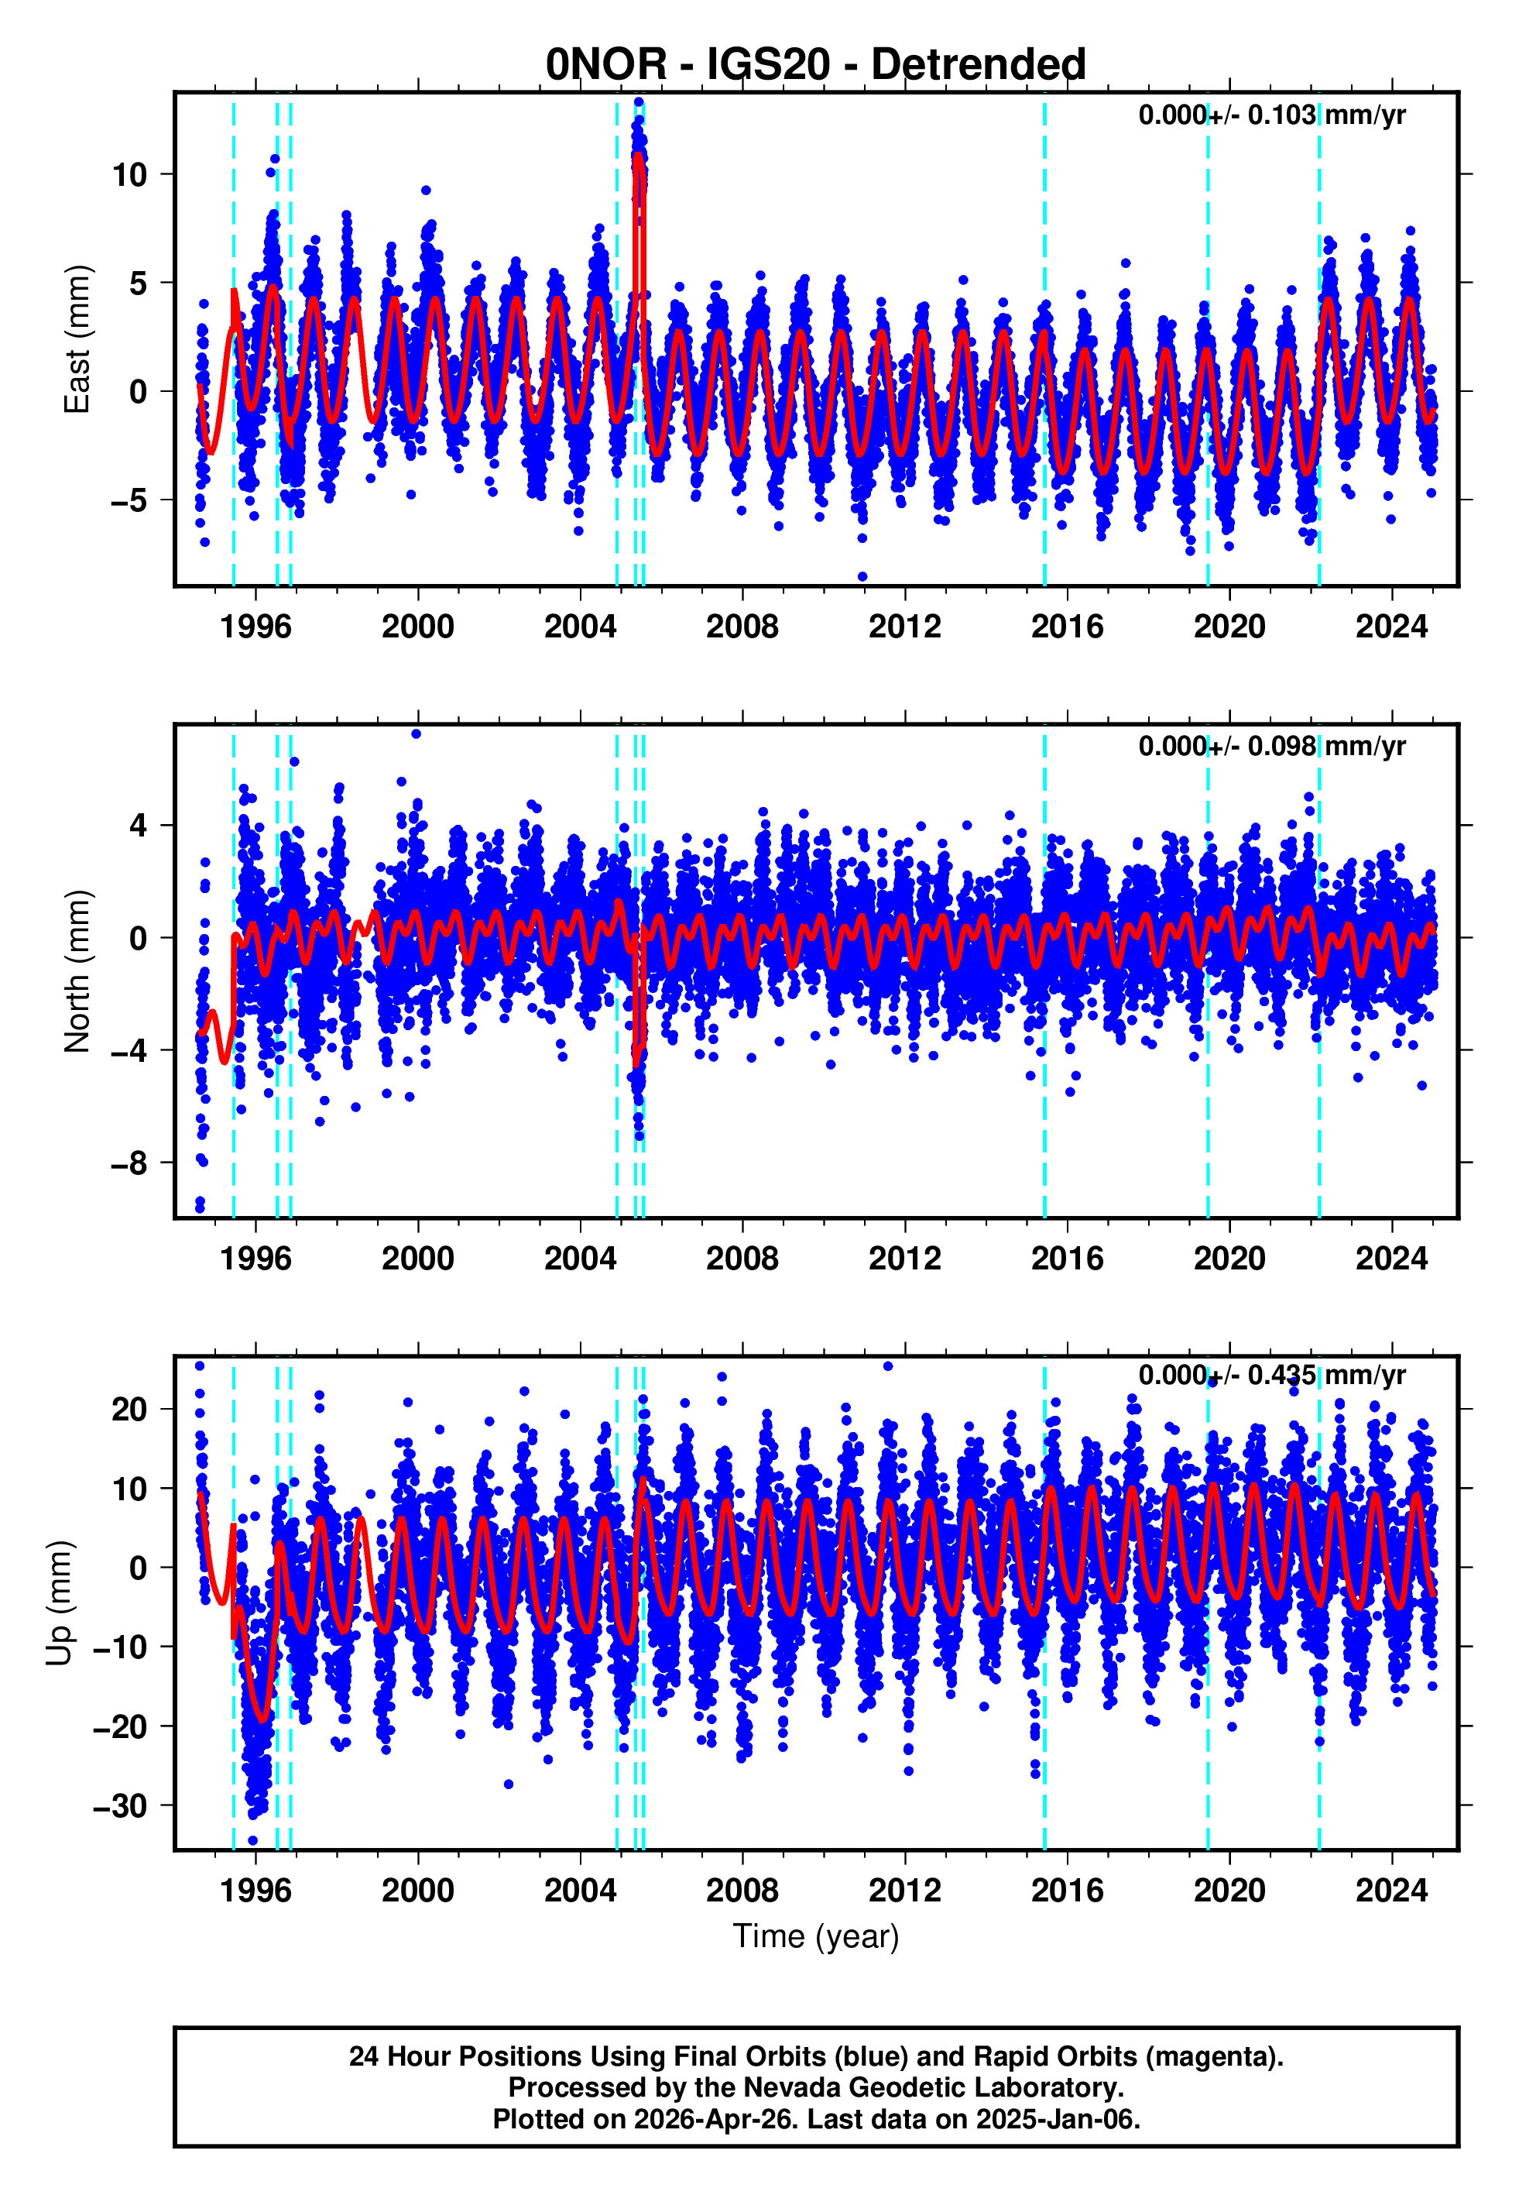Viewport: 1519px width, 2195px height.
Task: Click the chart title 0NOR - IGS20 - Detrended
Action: pyautogui.click(x=816, y=65)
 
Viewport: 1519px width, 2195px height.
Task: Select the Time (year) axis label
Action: pyautogui.click(x=816, y=1936)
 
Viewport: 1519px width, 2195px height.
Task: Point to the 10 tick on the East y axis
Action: pyautogui.click(x=129, y=175)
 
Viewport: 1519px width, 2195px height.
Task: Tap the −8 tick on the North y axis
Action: pyautogui.click(x=129, y=1163)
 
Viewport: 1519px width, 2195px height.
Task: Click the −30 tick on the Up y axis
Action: pyautogui.click(x=120, y=1805)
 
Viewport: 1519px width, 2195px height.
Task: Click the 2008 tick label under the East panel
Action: pyautogui.click(x=742, y=627)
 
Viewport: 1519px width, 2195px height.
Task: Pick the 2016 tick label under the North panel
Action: pyautogui.click(x=1067, y=1259)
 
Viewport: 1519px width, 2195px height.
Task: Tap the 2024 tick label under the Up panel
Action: pyautogui.click(x=1391, y=1890)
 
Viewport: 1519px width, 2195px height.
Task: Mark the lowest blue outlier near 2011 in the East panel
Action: pyautogui.click(x=862, y=577)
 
